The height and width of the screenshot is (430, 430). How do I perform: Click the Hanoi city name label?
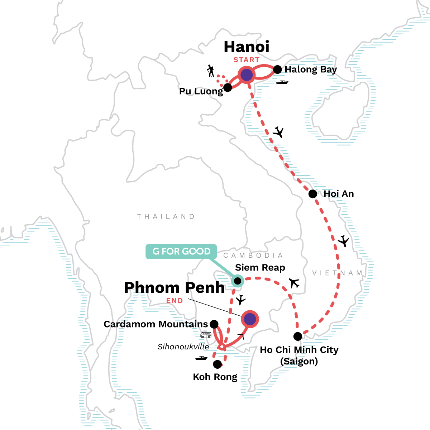click(x=247, y=47)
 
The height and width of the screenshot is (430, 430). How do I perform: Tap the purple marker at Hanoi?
click(x=246, y=75)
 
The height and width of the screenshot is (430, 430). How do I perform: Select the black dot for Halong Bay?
click(x=277, y=70)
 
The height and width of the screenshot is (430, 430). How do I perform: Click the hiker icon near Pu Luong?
click(x=211, y=71)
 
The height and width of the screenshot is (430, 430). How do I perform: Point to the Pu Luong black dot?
click(x=228, y=87)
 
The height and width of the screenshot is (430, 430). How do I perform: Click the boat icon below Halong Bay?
click(x=282, y=82)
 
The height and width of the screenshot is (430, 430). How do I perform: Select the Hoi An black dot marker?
click(x=313, y=194)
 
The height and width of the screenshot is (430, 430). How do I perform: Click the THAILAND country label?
click(x=166, y=216)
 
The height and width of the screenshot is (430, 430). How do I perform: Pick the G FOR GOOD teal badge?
click(x=181, y=252)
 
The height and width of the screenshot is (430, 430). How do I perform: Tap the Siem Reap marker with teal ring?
click(x=238, y=281)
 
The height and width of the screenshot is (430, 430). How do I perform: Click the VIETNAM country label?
click(x=337, y=273)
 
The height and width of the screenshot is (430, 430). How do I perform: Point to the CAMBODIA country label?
click(x=253, y=255)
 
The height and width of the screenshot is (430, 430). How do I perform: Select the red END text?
click(x=175, y=301)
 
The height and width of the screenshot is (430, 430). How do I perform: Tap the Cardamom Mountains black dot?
click(x=214, y=324)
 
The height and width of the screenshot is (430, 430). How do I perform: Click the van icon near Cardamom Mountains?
click(x=206, y=335)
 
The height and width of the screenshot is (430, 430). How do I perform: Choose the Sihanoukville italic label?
click(x=183, y=347)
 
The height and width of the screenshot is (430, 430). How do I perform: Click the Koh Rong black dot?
click(x=218, y=365)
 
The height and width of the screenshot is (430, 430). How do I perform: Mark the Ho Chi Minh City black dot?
click(x=298, y=336)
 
